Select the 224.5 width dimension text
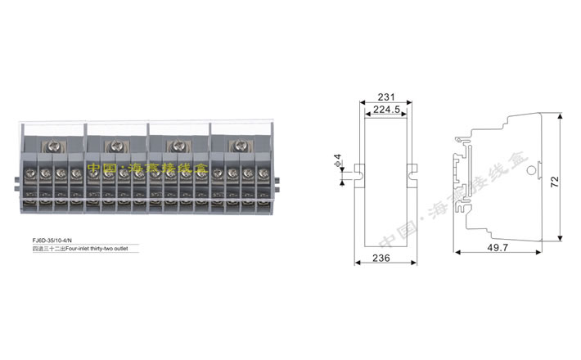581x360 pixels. (385, 109)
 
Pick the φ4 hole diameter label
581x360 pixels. (337, 159)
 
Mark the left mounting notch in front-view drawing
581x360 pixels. (357, 172)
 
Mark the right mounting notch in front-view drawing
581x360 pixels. (412, 172)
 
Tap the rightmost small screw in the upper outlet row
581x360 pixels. (263, 173)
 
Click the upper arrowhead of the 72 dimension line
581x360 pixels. (560, 118)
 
